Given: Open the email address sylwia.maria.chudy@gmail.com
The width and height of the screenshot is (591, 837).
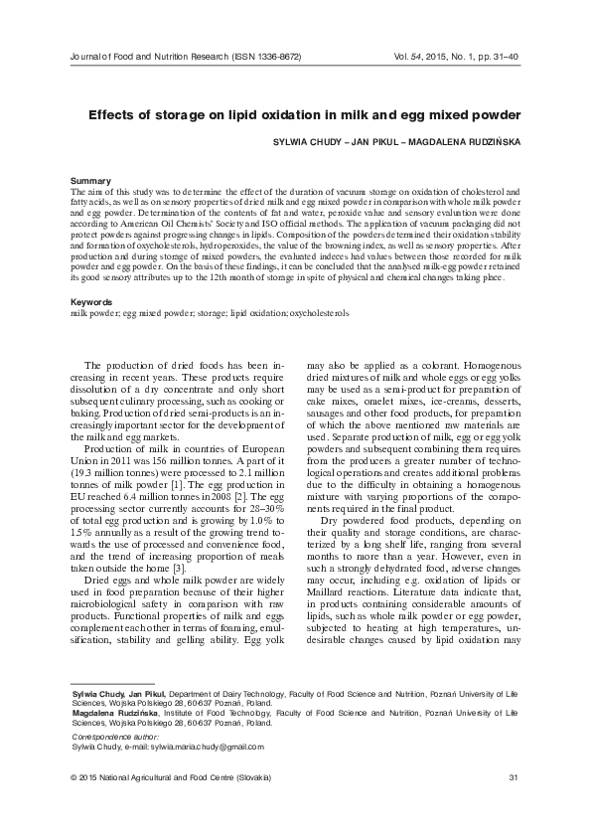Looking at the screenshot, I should click(x=204, y=745).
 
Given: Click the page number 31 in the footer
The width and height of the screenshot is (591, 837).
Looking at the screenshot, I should click(x=512, y=776).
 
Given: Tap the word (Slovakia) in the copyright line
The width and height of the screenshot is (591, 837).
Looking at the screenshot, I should click(x=248, y=776).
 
